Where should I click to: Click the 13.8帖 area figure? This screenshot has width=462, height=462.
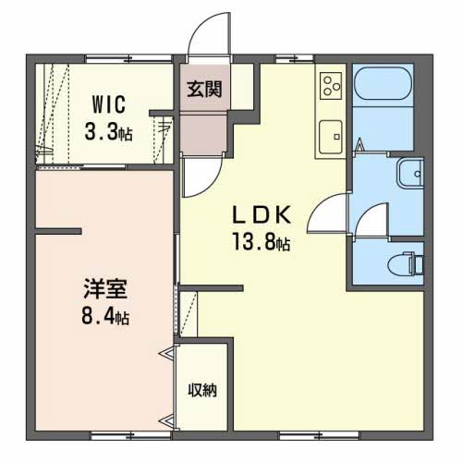(x=261, y=244)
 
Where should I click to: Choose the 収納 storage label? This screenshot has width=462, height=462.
(x=203, y=390)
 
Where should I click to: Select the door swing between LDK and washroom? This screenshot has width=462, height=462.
(x=325, y=215)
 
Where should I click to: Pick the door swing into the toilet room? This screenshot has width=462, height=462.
(x=367, y=222)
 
